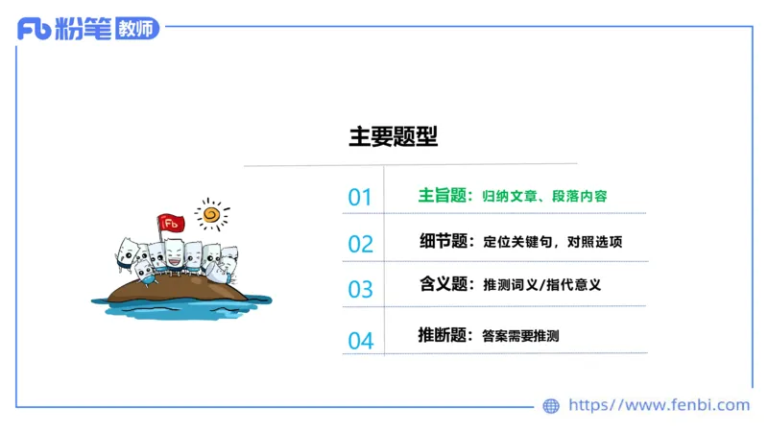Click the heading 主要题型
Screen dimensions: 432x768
[x=393, y=136]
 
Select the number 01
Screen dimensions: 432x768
[x=360, y=198]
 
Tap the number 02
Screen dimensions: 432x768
[x=360, y=244]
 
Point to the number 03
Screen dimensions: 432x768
[x=360, y=289]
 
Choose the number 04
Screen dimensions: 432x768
[x=360, y=340]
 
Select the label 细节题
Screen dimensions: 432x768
[x=443, y=241]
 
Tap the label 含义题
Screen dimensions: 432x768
[x=443, y=284]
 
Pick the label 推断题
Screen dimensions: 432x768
[x=443, y=335]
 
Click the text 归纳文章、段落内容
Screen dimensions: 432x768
[x=544, y=197]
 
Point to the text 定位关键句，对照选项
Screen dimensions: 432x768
[x=552, y=242]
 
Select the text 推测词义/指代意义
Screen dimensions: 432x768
[x=541, y=285]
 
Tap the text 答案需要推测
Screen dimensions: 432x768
[x=520, y=336]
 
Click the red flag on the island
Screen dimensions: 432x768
[x=172, y=223]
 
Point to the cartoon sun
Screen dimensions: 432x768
[x=212, y=213]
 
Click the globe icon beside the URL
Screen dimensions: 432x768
[x=551, y=406]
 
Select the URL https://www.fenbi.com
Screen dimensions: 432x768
[x=659, y=405]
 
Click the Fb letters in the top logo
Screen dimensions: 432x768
[x=34, y=30]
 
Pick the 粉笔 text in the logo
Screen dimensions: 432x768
[x=83, y=29]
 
